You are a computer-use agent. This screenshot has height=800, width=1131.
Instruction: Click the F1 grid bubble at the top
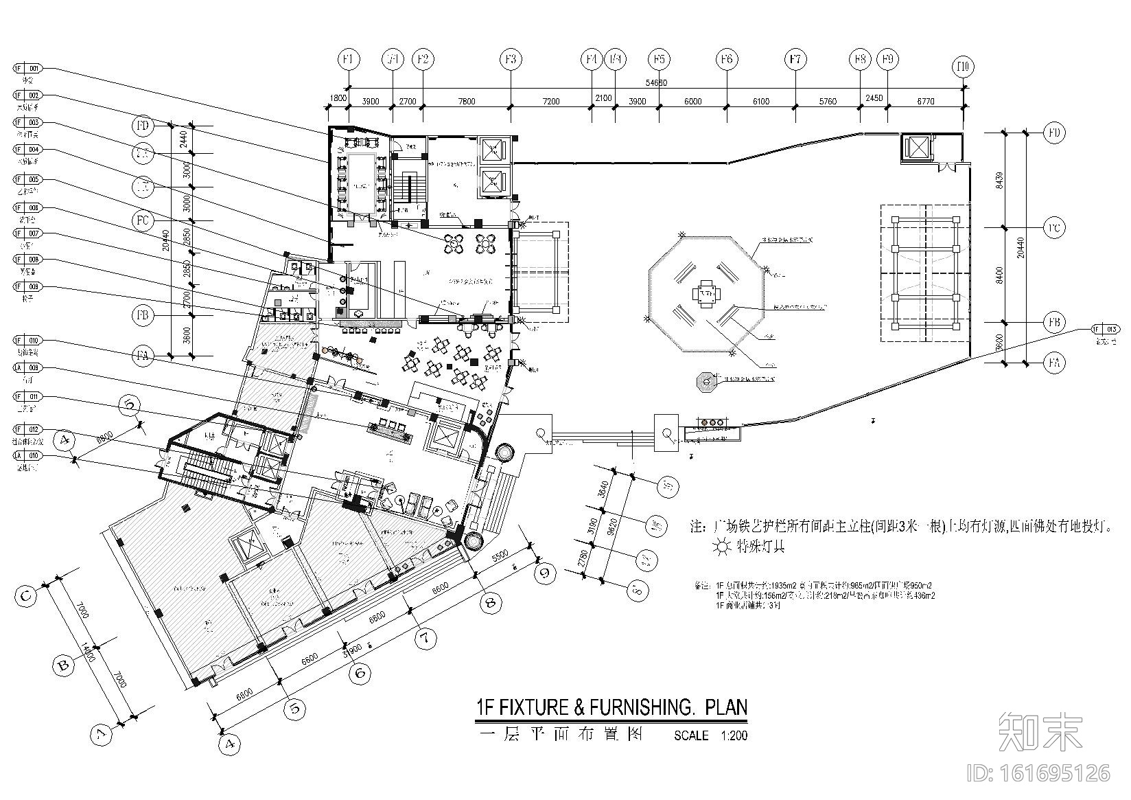349,60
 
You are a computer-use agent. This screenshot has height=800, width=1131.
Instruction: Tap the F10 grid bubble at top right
964,67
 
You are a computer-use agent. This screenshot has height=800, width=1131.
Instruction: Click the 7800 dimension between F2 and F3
466,102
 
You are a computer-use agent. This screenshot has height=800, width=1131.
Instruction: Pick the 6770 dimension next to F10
926,102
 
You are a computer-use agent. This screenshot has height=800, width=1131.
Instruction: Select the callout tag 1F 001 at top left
27,69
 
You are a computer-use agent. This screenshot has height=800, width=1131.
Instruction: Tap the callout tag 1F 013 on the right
1103,330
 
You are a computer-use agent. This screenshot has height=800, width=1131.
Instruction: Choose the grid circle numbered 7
425,639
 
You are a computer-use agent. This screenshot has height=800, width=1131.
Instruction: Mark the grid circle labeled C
26,595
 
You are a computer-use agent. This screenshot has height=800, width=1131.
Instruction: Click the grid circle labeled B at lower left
63,665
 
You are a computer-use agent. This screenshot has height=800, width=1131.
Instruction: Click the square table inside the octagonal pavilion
706,295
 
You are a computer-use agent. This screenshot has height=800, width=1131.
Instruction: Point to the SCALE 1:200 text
710,735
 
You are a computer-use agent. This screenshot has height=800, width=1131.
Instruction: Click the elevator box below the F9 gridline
917,148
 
